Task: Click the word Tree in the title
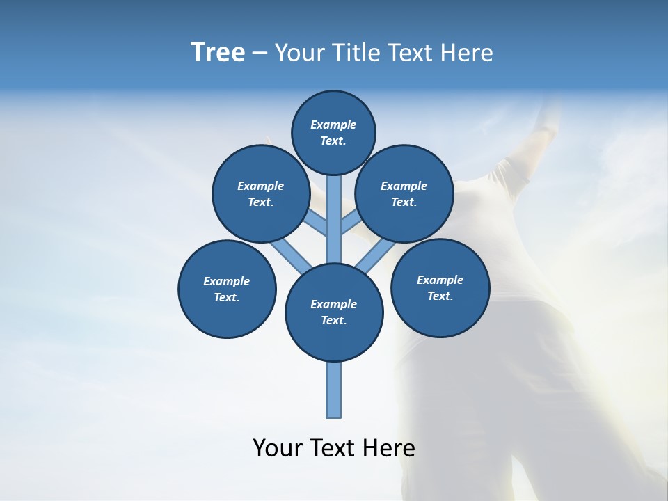(x=218, y=53)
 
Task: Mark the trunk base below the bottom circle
(x=334, y=390)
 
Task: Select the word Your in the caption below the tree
(x=278, y=448)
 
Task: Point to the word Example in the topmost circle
(x=333, y=125)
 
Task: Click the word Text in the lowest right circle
(x=440, y=296)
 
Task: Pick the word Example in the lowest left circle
(x=226, y=282)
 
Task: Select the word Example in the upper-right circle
(x=404, y=186)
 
